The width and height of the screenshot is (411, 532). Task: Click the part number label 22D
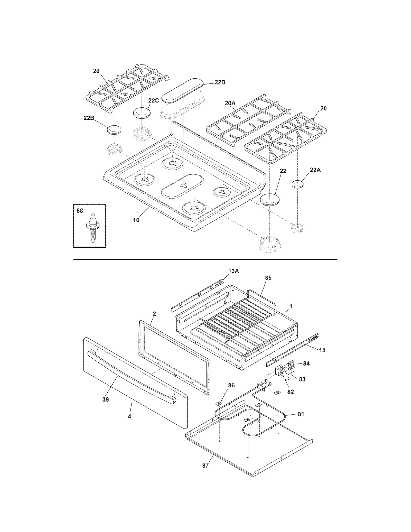(220, 82)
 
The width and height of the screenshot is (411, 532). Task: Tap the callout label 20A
(230, 103)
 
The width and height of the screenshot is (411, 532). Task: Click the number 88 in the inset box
(80, 211)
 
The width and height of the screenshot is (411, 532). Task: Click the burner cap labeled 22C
(141, 113)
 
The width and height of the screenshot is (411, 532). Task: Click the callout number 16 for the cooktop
(136, 220)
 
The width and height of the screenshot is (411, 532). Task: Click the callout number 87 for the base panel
(205, 466)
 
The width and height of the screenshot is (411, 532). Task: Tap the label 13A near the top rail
(233, 271)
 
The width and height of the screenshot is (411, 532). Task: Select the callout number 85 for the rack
(268, 278)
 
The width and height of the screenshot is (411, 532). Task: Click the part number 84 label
(306, 363)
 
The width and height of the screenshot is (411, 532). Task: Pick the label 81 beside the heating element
(301, 414)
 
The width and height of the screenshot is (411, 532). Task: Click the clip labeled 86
(219, 404)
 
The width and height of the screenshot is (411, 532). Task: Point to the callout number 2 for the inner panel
(154, 314)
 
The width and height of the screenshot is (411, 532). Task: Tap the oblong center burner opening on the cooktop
(183, 186)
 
